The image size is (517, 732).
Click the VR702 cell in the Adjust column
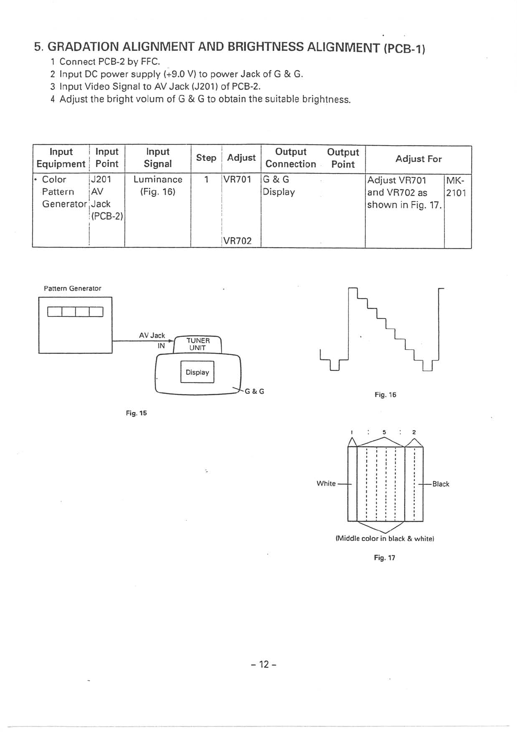pos(237,241)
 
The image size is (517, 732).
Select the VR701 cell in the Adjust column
pos(237,180)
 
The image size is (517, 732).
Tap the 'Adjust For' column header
pos(418,159)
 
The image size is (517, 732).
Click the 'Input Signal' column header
pos(158,158)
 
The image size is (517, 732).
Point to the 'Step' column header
pos(206,158)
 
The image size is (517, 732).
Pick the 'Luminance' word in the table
pos(158,180)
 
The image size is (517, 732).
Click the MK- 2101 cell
pos(456,186)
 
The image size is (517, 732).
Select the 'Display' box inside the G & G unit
pos(197,372)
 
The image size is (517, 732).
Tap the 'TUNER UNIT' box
pos(198,344)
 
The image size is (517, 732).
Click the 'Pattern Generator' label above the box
pos(73,289)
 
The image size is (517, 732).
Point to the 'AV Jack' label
pos(152,336)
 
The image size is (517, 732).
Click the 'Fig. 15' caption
pos(136,413)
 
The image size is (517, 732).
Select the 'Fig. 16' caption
pos(385,395)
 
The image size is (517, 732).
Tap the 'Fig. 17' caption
pos(384,558)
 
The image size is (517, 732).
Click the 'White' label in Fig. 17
pos(326,483)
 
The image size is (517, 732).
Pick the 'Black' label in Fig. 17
pos(441,484)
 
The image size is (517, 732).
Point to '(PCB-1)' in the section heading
pos(404,48)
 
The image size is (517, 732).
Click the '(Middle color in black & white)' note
pos(385,539)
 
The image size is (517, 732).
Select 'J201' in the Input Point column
pos(101,180)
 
